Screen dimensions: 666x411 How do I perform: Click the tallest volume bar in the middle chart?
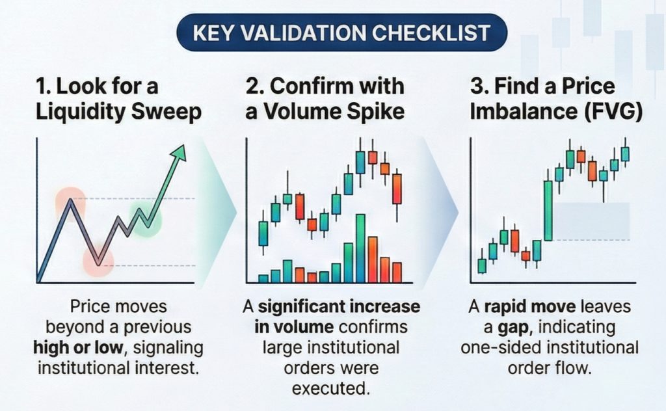point(360,248)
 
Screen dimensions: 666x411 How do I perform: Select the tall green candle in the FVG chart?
point(548,211)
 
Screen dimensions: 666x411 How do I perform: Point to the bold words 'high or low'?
point(78,348)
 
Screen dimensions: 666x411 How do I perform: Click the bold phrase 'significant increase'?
point(339,306)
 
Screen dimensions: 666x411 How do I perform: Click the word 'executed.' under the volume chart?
point(330,388)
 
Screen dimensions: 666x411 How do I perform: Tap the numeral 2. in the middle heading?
point(255,86)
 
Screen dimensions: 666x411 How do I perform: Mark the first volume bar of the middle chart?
point(263,279)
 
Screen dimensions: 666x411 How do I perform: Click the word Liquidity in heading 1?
point(81,112)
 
